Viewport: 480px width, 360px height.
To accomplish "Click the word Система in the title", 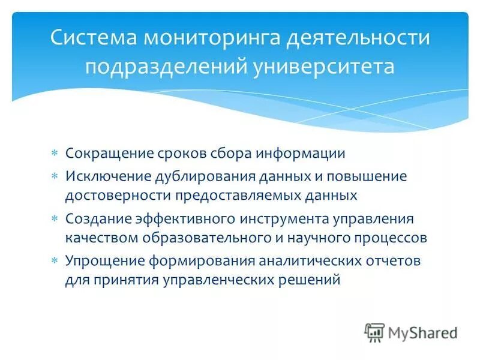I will [x=93, y=37].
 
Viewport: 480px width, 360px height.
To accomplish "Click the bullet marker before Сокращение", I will [x=54, y=154].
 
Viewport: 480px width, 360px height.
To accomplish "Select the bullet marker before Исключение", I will [x=54, y=177].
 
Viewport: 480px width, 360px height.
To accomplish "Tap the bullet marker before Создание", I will [x=54, y=220].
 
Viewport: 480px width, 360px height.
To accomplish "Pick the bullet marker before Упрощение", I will [x=54, y=262].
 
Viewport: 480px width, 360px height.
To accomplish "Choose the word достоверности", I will [x=117, y=195].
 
